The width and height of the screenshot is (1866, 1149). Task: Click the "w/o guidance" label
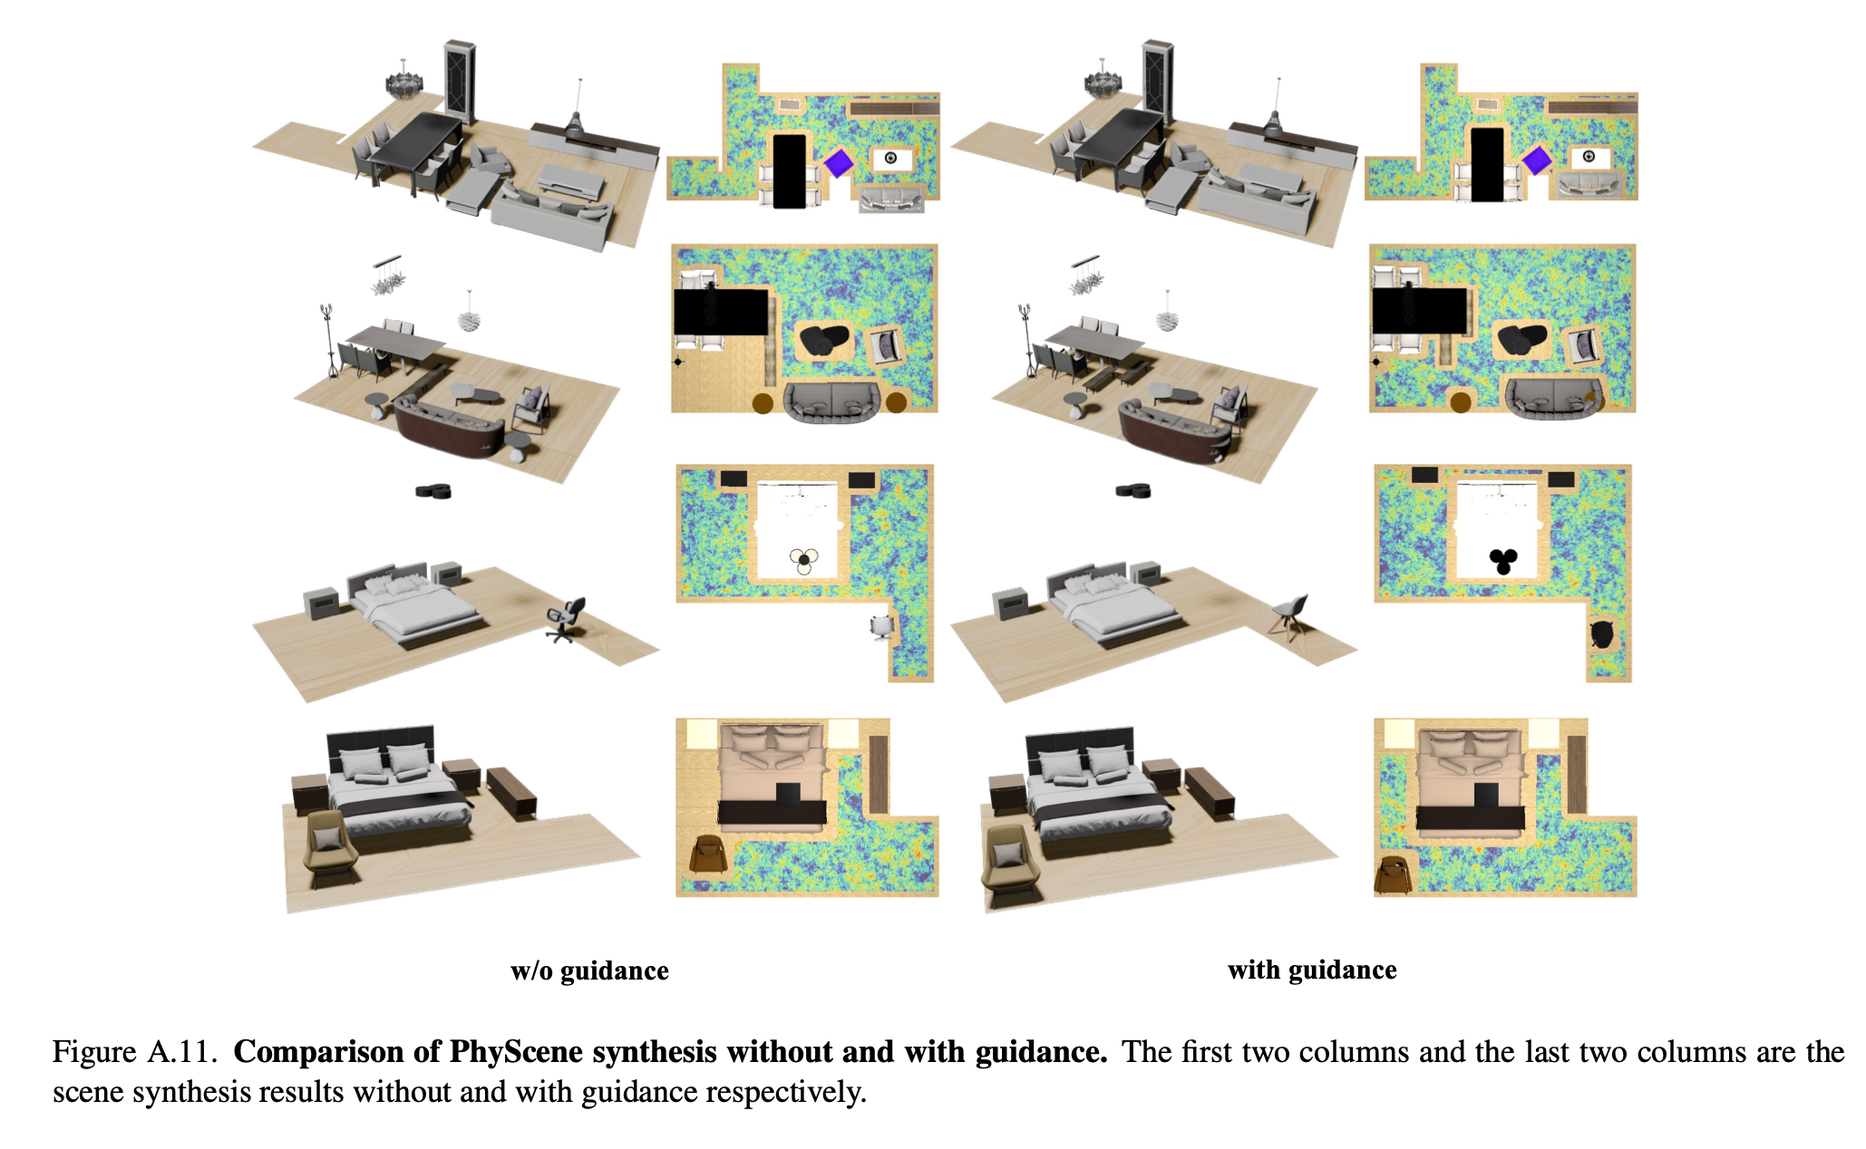(x=589, y=970)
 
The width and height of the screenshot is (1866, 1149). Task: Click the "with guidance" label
(x=1312, y=970)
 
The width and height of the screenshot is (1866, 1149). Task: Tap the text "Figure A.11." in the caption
(x=135, y=1051)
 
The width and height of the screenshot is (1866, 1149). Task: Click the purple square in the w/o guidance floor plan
(x=839, y=163)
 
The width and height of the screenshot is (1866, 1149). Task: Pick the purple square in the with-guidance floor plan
(x=1537, y=161)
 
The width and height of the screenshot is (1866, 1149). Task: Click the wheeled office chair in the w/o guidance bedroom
(x=565, y=621)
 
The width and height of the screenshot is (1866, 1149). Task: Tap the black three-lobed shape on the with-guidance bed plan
(x=1503, y=561)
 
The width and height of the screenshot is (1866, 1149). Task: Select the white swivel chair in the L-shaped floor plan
(x=881, y=626)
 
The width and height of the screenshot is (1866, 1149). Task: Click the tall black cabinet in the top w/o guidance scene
(x=460, y=82)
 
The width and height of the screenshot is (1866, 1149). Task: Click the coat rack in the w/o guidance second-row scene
(x=327, y=340)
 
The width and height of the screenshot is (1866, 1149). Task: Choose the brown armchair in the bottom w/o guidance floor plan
(x=707, y=856)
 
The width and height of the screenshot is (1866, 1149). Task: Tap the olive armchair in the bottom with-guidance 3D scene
(x=1007, y=864)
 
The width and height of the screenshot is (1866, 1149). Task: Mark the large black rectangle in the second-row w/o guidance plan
(x=721, y=312)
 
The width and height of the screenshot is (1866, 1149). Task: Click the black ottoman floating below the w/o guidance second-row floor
(x=433, y=491)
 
